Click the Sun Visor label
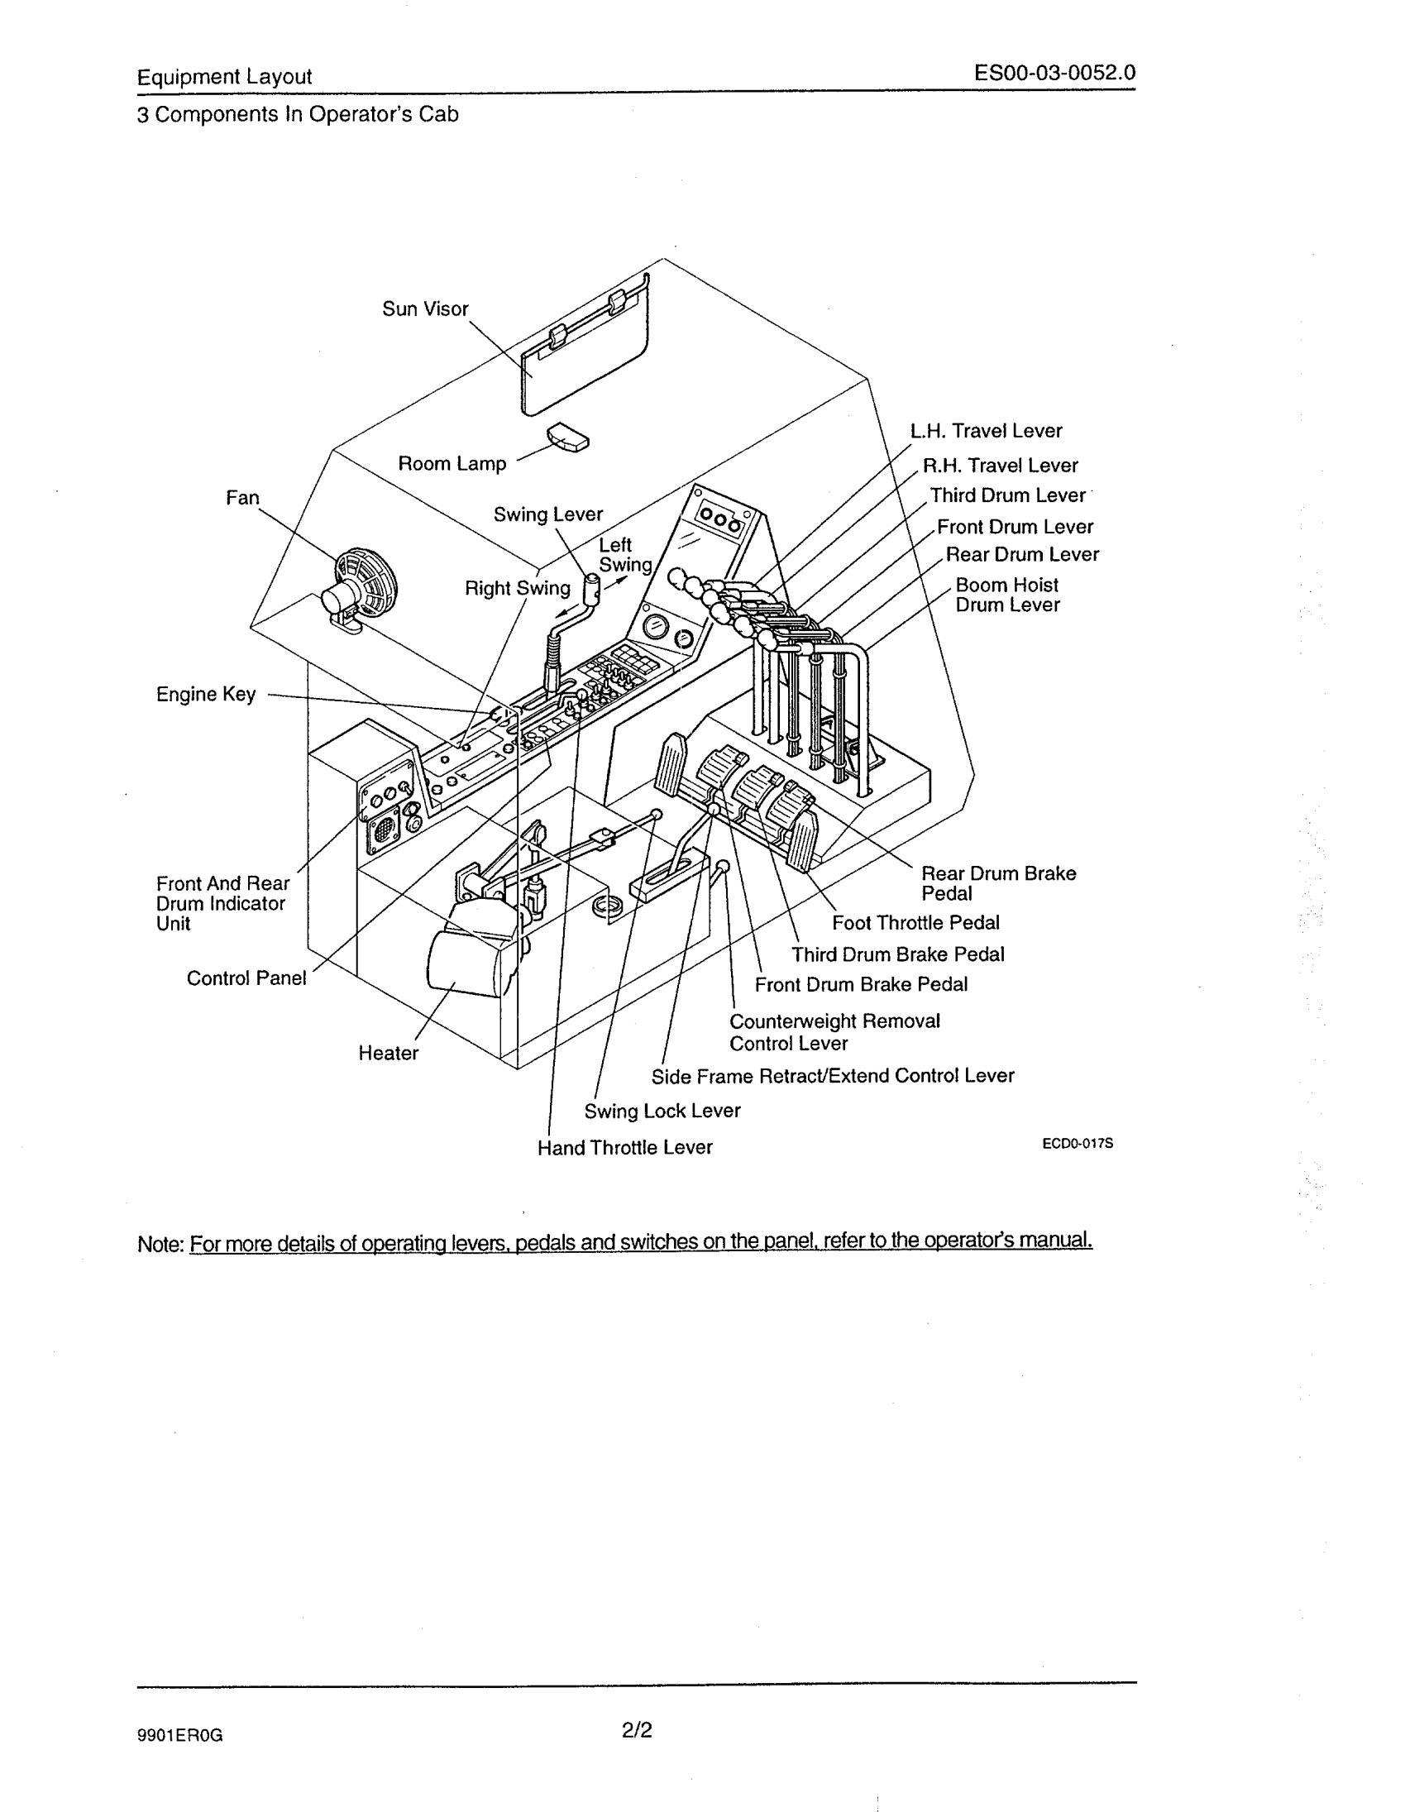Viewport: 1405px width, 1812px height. [425, 309]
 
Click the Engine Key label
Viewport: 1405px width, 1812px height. [206, 694]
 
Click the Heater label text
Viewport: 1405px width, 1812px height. [388, 1053]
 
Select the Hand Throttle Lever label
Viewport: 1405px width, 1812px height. [624, 1147]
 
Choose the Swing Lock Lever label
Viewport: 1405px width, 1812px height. [662, 1111]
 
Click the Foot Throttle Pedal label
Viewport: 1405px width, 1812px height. [915, 923]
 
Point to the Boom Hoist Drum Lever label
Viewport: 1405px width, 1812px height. [1007, 595]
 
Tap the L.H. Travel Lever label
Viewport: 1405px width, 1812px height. [986, 431]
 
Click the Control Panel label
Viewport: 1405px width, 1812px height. [246, 978]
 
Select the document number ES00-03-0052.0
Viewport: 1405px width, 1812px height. [1055, 74]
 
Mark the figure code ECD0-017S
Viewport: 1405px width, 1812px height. [1078, 1143]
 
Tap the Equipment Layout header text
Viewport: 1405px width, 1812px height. [224, 77]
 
